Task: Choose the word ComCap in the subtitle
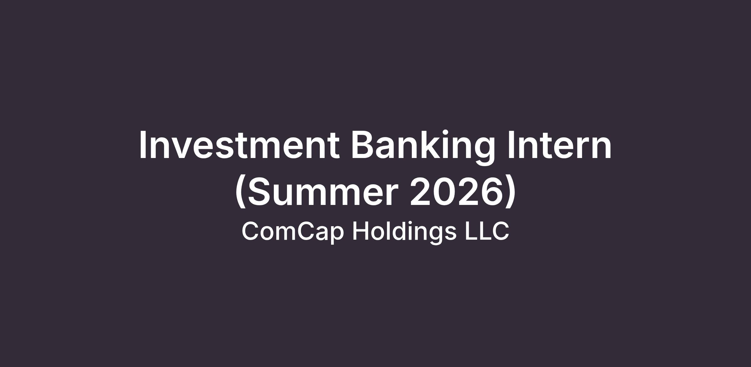pyautogui.click(x=293, y=232)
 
